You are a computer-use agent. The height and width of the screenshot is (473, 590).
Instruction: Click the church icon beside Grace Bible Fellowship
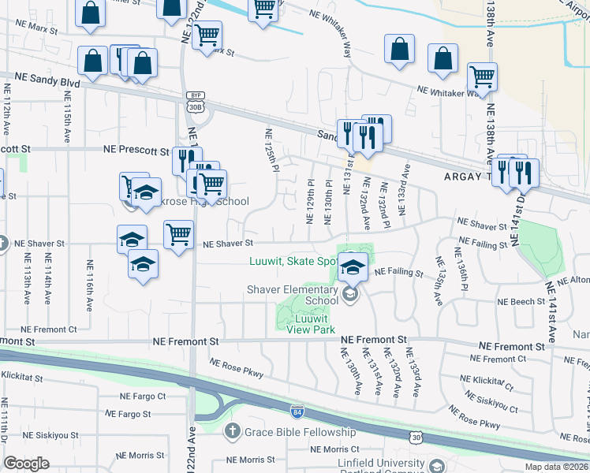pyautogui.click(x=232, y=431)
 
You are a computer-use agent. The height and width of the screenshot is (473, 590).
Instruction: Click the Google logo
pyautogui.click(x=26, y=464)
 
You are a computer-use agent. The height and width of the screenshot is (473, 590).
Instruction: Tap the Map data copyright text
pyautogui.click(x=557, y=467)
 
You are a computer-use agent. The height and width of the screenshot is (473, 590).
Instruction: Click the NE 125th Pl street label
pyautogui.click(x=271, y=150)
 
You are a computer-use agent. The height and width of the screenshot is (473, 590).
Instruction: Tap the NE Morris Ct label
pyautogui.click(x=334, y=449)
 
